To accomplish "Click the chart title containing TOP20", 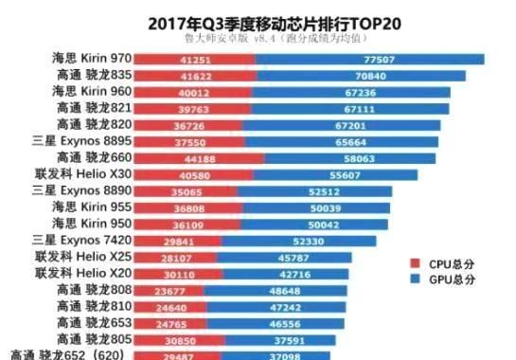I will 258,20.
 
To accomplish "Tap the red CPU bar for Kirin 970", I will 194,59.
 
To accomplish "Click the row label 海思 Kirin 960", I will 90,92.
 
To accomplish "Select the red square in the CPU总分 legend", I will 415,263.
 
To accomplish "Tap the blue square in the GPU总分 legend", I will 415,279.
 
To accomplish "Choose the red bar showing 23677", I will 168,290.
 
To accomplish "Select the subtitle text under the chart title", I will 258,38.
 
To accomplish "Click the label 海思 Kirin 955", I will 90,207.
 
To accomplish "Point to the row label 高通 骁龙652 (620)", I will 69,354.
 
